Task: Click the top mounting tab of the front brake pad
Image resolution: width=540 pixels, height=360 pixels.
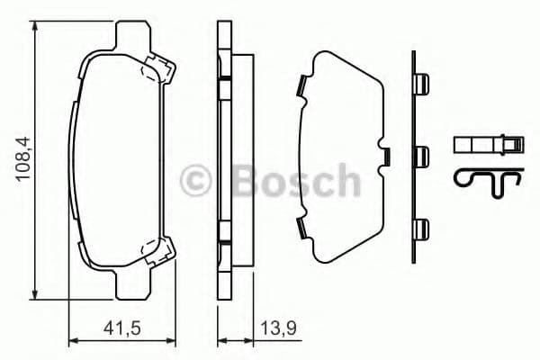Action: click(134, 34)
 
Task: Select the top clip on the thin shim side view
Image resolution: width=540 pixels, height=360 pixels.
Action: click(418, 85)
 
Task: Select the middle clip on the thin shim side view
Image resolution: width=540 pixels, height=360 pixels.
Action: click(418, 154)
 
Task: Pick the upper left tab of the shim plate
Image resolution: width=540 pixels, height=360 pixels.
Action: click(301, 87)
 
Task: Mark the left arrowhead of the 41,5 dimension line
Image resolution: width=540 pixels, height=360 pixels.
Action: click(72, 340)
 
